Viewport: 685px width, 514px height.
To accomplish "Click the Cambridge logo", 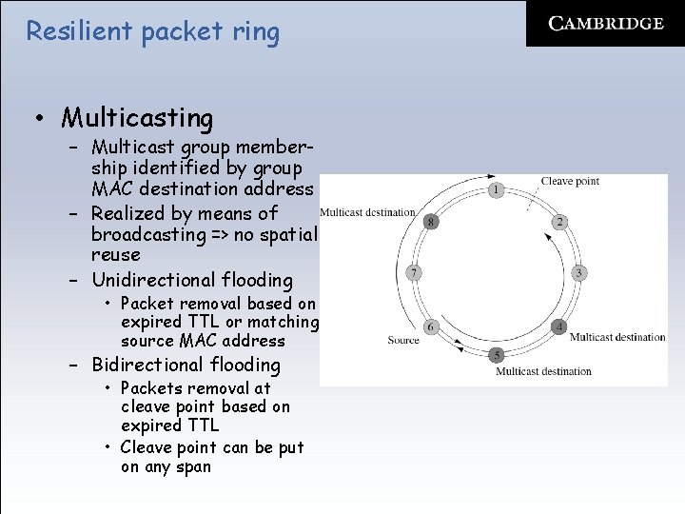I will coord(605,24).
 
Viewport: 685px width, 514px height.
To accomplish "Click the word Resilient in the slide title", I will coord(79,31).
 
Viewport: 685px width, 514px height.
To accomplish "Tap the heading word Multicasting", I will coord(137,118).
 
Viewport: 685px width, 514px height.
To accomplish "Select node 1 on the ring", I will coord(496,189).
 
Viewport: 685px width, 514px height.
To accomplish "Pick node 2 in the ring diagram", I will coord(559,222).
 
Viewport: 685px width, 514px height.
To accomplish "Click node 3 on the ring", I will coord(578,273).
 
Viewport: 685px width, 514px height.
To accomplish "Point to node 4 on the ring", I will coord(559,326).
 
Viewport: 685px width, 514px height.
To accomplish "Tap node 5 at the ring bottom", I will coord(496,355).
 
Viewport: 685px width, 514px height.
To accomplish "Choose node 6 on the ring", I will coord(431,326).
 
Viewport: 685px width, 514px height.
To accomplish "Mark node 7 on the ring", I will coord(413,273).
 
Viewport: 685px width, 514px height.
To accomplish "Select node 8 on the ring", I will coord(431,222).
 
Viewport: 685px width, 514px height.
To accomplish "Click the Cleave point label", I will coord(570,181).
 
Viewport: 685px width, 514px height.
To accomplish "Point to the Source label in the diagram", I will coord(403,340).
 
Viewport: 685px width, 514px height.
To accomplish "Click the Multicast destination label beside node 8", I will coord(367,212).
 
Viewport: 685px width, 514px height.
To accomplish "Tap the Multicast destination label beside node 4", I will coord(617,337).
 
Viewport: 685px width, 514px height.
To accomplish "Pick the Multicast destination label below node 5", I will coord(543,371).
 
